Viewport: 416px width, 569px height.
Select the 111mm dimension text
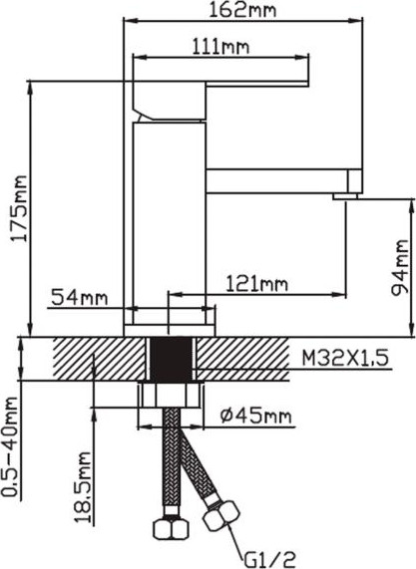(x=220, y=47)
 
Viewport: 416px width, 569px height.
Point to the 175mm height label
(x=19, y=208)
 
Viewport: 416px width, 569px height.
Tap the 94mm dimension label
(x=399, y=267)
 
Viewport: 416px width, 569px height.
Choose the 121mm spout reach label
(x=257, y=283)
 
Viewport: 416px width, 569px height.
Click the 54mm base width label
(x=80, y=297)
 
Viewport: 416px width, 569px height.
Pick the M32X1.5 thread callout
(x=345, y=358)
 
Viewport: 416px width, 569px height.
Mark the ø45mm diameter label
(x=256, y=416)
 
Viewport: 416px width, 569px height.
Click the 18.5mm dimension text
(x=83, y=486)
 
